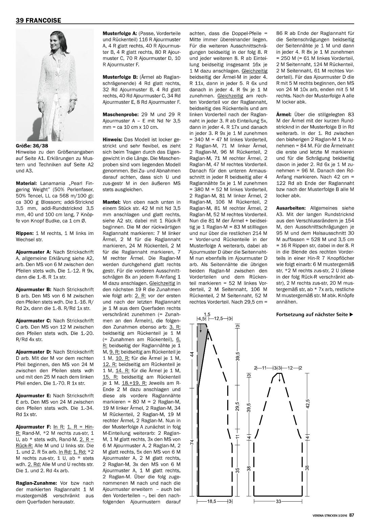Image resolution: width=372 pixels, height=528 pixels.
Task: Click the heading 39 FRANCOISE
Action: pyautogui.click(x=38, y=20)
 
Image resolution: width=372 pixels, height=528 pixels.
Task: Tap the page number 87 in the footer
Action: pyautogui.click(x=352, y=515)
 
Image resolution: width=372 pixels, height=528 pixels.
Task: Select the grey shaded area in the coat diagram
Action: pyautogui.click(x=202, y=345)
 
